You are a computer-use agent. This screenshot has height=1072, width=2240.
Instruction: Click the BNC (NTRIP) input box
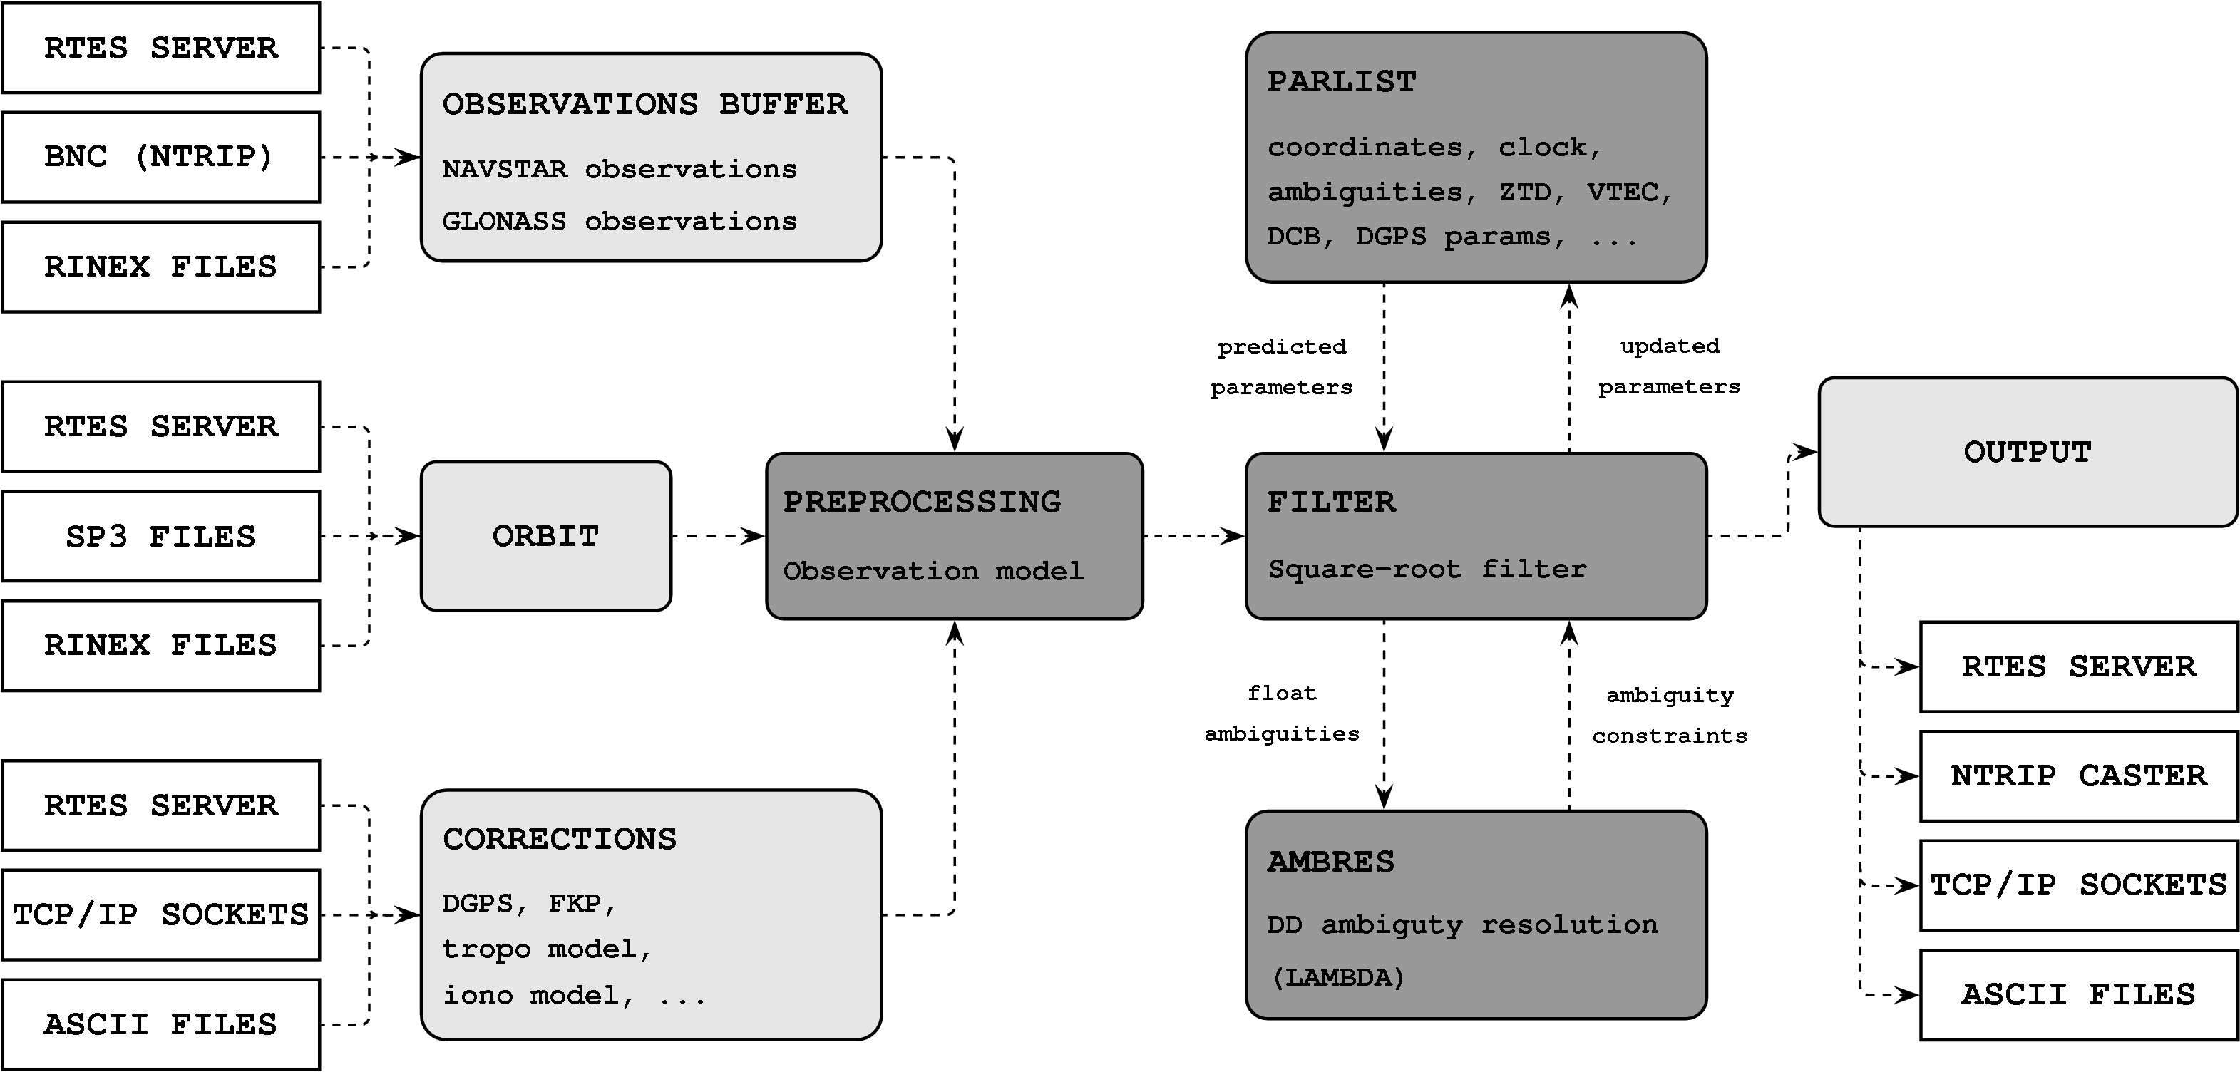(x=161, y=158)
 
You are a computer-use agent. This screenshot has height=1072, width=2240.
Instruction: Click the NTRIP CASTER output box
(x=2079, y=775)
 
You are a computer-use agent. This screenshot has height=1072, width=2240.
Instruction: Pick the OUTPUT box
(x=2028, y=452)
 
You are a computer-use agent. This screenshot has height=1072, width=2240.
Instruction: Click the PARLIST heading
(x=1342, y=82)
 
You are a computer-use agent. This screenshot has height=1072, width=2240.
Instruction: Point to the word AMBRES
(x=1330, y=862)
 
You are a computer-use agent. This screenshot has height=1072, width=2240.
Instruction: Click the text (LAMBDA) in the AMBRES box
(x=1337, y=978)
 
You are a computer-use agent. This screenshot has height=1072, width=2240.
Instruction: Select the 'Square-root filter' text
(x=1427, y=569)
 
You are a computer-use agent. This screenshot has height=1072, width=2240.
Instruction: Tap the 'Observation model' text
(x=933, y=571)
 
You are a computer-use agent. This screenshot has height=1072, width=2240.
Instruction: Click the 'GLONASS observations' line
(x=619, y=222)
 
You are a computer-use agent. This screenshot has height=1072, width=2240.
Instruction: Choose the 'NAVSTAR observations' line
(x=619, y=170)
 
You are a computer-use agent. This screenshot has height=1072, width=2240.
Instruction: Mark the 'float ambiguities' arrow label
(x=1282, y=713)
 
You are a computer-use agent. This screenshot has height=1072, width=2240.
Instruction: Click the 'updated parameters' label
(x=1670, y=366)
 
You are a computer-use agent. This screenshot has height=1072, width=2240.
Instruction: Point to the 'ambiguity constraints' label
(x=1670, y=716)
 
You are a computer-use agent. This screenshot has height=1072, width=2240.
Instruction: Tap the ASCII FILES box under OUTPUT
(x=2079, y=994)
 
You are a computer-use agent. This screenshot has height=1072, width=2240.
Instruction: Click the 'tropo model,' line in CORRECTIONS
(x=547, y=949)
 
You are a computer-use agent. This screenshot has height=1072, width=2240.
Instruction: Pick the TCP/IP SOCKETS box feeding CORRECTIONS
(x=161, y=914)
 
